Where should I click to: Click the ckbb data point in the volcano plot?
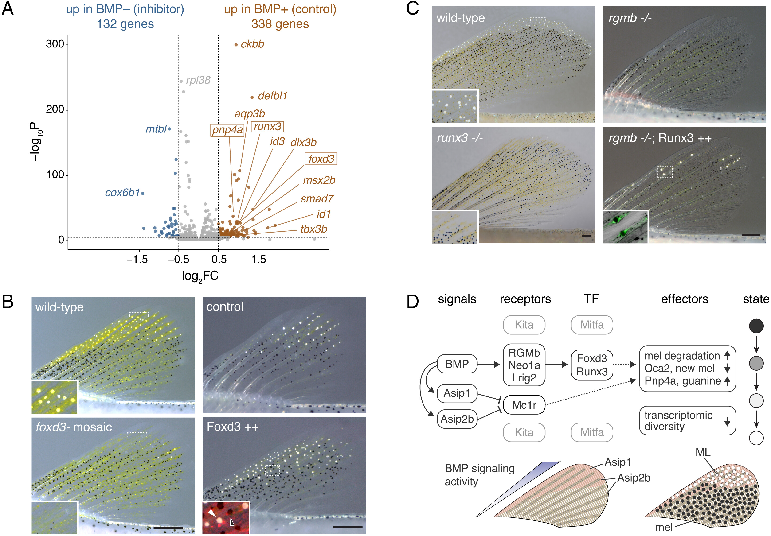click(236, 45)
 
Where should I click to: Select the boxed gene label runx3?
click(267, 127)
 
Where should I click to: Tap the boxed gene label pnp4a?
click(227, 130)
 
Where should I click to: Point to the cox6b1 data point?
click(143, 193)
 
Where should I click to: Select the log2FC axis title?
click(200, 276)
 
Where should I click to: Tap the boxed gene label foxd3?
click(321, 159)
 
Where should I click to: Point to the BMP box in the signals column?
click(457, 364)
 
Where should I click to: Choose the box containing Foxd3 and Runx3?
click(592, 365)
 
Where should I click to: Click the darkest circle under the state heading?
click(756, 326)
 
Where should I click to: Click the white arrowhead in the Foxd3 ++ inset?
click(211, 513)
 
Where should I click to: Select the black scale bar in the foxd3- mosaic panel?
click(168, 528)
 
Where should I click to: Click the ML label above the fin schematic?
click(703, 452)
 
